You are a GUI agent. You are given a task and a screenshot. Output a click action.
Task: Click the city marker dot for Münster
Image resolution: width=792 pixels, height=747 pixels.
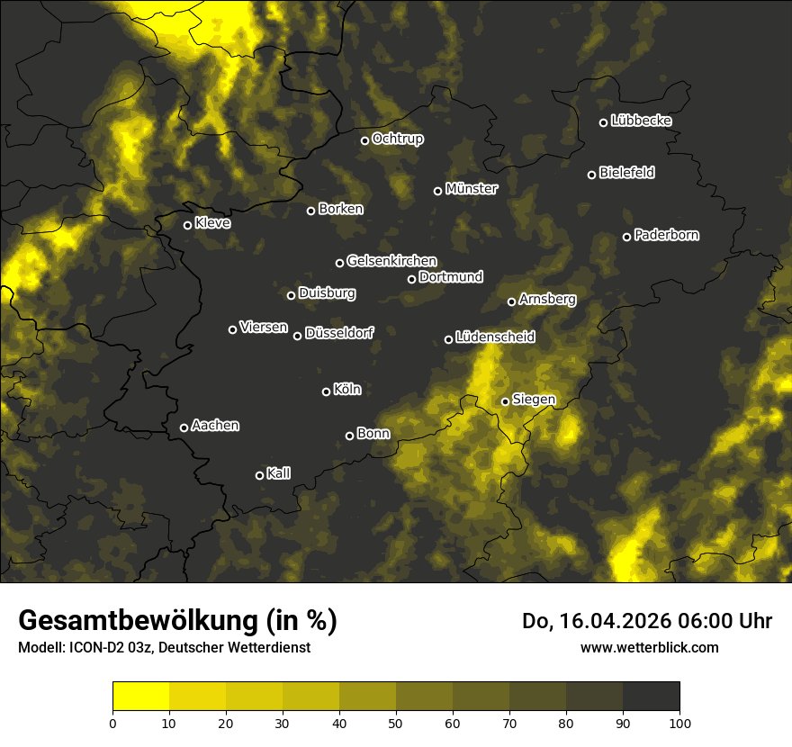(x=438, y=191)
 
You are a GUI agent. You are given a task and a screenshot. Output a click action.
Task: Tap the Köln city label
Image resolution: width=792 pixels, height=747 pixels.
(x=347, y=390)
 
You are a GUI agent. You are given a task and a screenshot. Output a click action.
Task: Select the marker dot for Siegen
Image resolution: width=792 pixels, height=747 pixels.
(x=506, y=401)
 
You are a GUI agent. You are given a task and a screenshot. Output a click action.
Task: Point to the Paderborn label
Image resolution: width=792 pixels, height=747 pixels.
(x=667, y=235)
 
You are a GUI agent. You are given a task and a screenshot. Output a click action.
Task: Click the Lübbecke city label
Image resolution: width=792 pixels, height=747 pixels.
(x=642, y=121)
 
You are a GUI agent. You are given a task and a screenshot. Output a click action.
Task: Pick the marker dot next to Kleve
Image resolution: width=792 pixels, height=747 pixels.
(x=188, y=225)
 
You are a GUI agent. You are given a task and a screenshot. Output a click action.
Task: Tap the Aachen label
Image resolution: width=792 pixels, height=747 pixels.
(x=216, y=426)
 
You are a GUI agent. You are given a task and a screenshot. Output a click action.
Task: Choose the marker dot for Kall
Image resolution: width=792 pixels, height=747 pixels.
(x=260, y=475)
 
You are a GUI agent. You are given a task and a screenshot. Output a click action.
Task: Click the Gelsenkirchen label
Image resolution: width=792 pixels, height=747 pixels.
(x=392, y=261)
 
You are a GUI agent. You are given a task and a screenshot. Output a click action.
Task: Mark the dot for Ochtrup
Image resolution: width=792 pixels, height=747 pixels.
(x=365, y=140)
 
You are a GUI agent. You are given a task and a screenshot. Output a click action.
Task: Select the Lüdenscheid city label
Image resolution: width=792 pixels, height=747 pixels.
(x=496, y=337)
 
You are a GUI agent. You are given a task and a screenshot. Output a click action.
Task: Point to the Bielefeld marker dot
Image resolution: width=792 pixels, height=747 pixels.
(x=592, y=175)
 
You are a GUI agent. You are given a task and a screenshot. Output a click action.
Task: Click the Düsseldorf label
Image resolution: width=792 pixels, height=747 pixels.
(x=339, y=333)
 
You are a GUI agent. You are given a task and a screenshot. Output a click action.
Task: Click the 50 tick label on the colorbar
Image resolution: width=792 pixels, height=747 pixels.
(x=396, y=722)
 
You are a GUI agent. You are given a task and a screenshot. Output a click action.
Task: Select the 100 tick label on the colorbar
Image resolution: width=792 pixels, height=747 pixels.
(x=679, y=722)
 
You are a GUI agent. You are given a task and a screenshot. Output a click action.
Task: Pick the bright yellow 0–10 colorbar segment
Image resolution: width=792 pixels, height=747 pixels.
(x=141, y=696)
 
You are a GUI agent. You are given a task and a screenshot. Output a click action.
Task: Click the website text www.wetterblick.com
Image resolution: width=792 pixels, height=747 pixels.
(x=650, y=647)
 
